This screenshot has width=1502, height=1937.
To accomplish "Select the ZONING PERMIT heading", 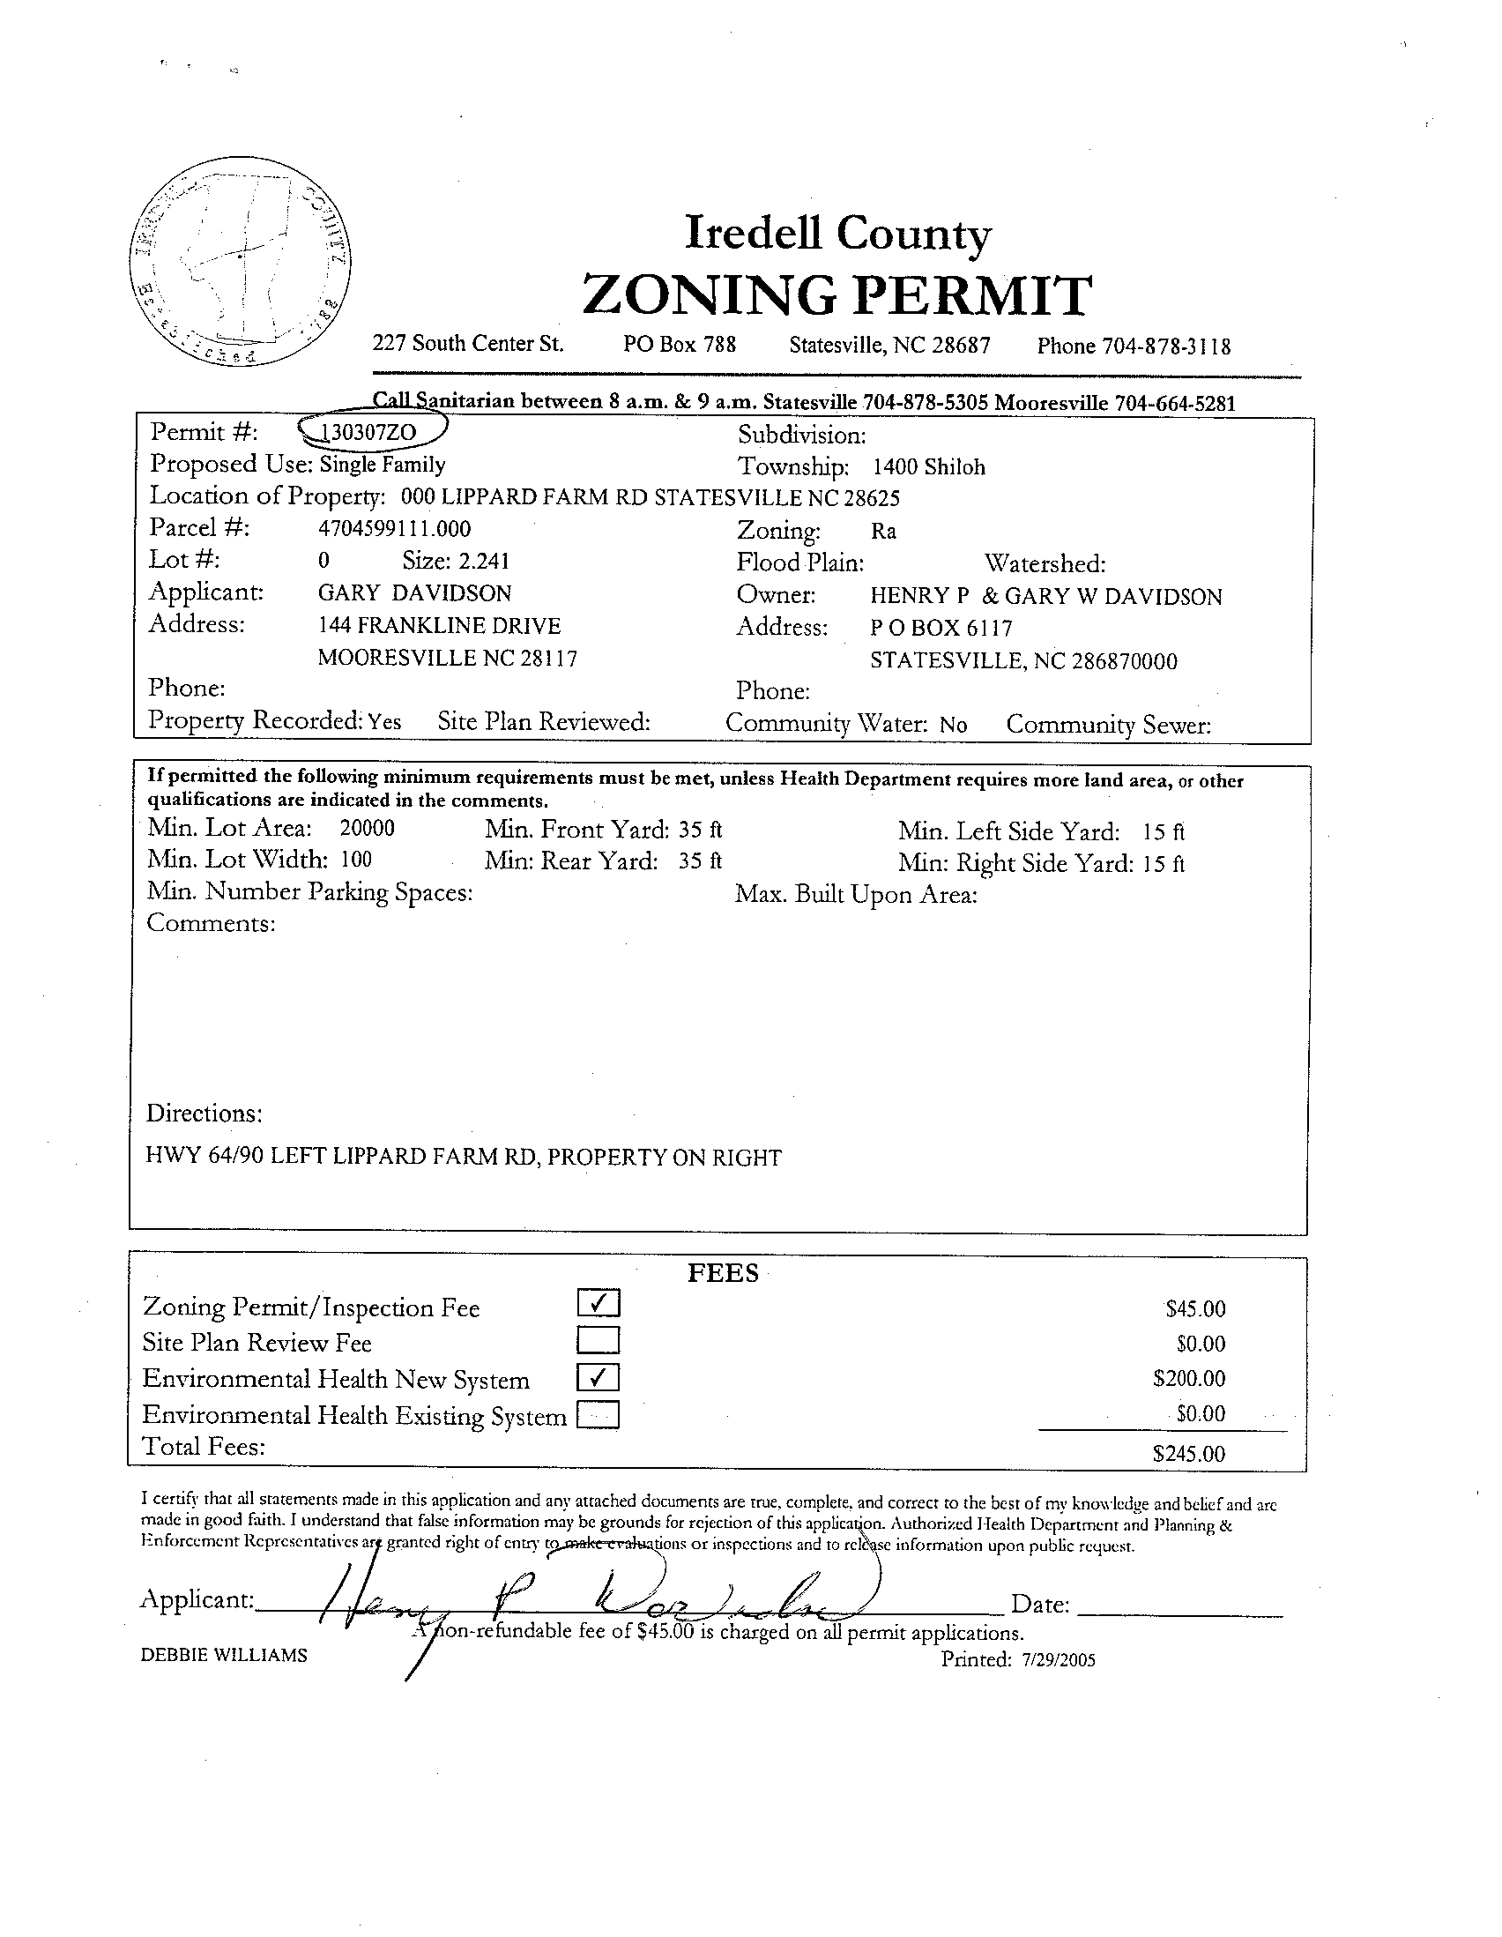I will tap(837, 295).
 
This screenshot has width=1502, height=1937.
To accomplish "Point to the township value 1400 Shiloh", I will tap(928, 467).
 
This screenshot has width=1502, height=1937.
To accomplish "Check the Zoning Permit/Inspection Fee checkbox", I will tap(599, 1303).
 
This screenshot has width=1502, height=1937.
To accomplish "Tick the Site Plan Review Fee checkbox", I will tap(599, 1339).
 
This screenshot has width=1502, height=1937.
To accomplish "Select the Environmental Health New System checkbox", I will tap(599, 1376).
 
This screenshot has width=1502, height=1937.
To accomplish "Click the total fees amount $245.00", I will tap(1188, 1453).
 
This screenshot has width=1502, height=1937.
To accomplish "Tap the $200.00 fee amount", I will tap(1188, 1378).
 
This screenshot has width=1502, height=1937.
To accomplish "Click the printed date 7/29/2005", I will tap(1057, 1660).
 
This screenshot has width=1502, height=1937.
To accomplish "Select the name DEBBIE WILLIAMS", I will tap(223, 1655).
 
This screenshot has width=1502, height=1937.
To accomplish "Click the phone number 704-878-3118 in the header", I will tap(1166, 346).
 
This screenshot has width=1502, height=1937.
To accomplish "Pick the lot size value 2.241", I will tap(483, 562).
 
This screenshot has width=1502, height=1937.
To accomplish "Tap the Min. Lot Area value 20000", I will tap(367, 829).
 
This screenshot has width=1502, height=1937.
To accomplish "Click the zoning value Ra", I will tap(883, 532).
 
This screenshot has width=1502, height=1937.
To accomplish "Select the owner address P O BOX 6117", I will tap(941, 628).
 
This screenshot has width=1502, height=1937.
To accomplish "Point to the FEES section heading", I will tap(724, 1274).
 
